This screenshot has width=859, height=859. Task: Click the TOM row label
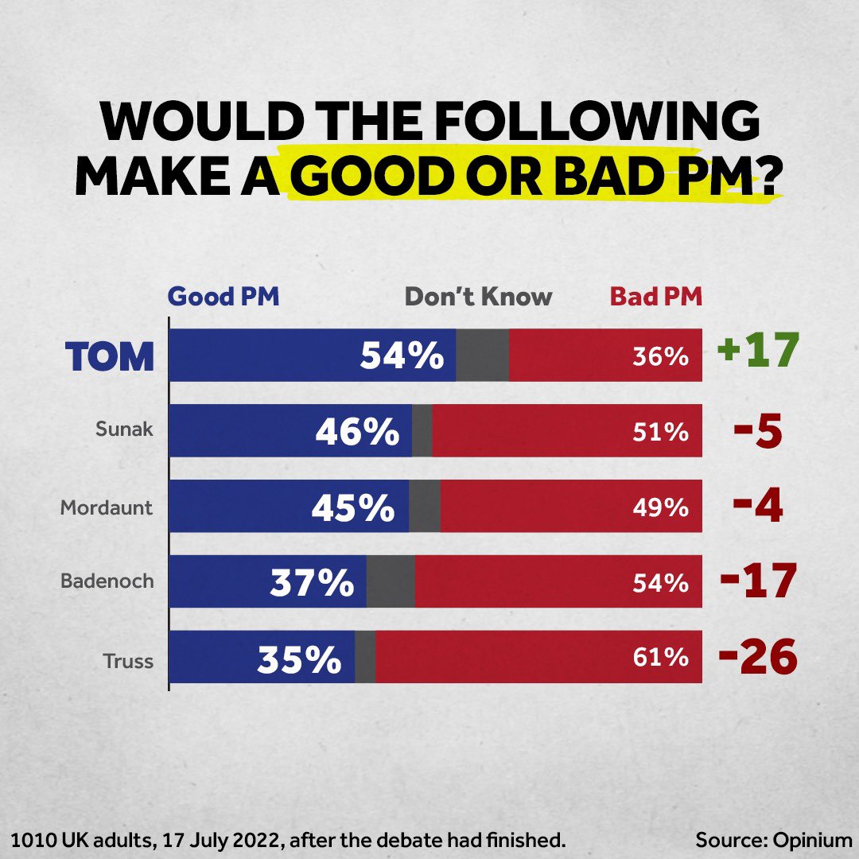pyautogui.click(x=110, y=357)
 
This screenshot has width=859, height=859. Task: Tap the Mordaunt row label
pyautogui.click(x=107, y=507)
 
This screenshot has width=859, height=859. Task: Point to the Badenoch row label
pyautogui.click(x=107, y=581)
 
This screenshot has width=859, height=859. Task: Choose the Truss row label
pyautogui.click(x=128, y=660)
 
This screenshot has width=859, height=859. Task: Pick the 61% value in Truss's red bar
pyautogui.click(x=660, y=659)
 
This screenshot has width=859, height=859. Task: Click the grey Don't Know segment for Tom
pyautogui.click(x=482, y=356)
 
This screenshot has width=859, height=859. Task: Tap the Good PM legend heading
pyautogui.click(x=223, y=297)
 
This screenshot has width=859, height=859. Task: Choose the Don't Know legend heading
pyautogui.click(x=478, y=297)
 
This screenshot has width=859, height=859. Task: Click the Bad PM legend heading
pyautogui.click(x=656, y=297)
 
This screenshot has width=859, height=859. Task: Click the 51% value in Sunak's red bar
pyautogui.click(x=660, y=432)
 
